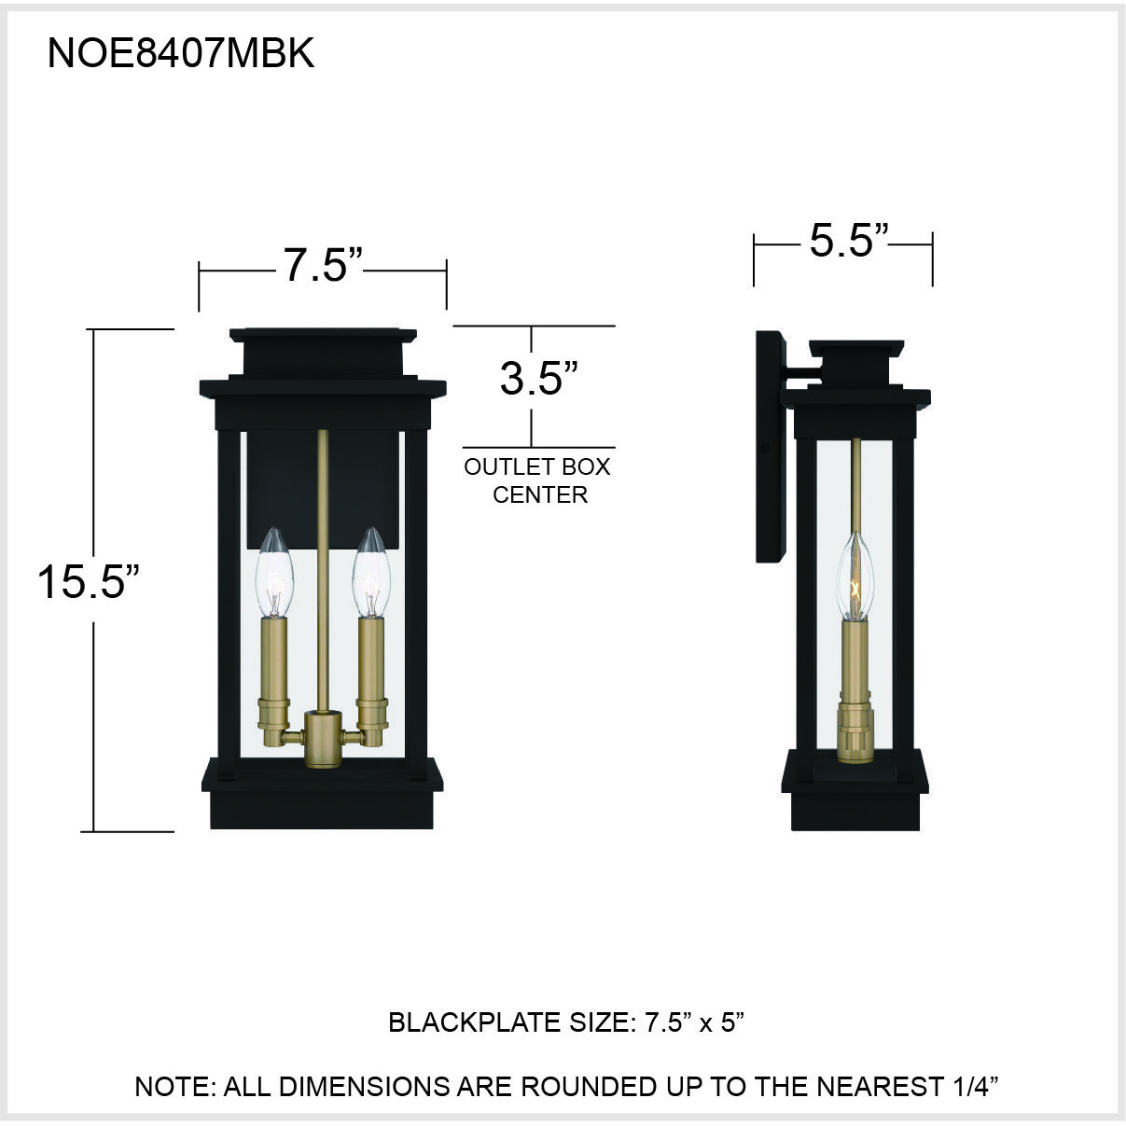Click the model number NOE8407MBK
pyautogui.click(x=180, y=54)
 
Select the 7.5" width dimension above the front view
pyautogui.click(x=322, y=266)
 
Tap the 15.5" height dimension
pyautogui.click(x=88, y=582)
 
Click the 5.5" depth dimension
pyautogui.click(x=846, y=241)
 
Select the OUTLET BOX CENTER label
pyautogui.click(x=538, y=480)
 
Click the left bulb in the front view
pyautogui.click(x=274, y=572)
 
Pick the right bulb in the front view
pyautogui.click(x=369, y=572)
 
